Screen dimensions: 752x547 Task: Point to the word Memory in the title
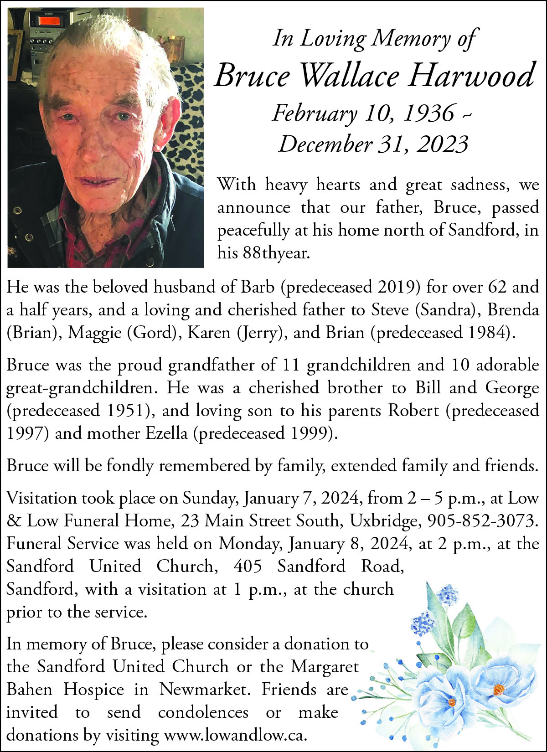tap(411, 38)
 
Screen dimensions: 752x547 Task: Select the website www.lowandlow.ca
tap(235, 735)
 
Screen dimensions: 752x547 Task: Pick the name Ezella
tap(166, 433)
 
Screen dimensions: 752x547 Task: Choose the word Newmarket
tap(205, 689)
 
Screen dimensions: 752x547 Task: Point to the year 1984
tap(487, 332)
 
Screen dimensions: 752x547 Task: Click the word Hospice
tap(93, 689)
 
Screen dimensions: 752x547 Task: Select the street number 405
tap(248, 566)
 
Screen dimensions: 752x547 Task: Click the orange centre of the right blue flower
tap(499, 689)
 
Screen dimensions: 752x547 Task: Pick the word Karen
tap(209, 332)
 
